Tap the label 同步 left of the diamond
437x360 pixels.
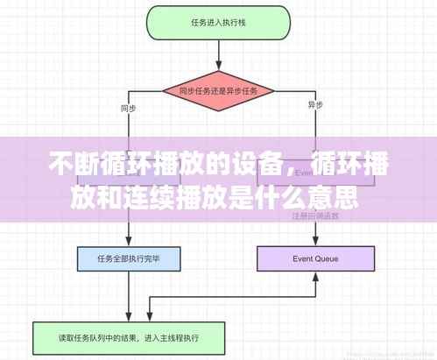click(127, 109)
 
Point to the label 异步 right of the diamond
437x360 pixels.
click(315, 105)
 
